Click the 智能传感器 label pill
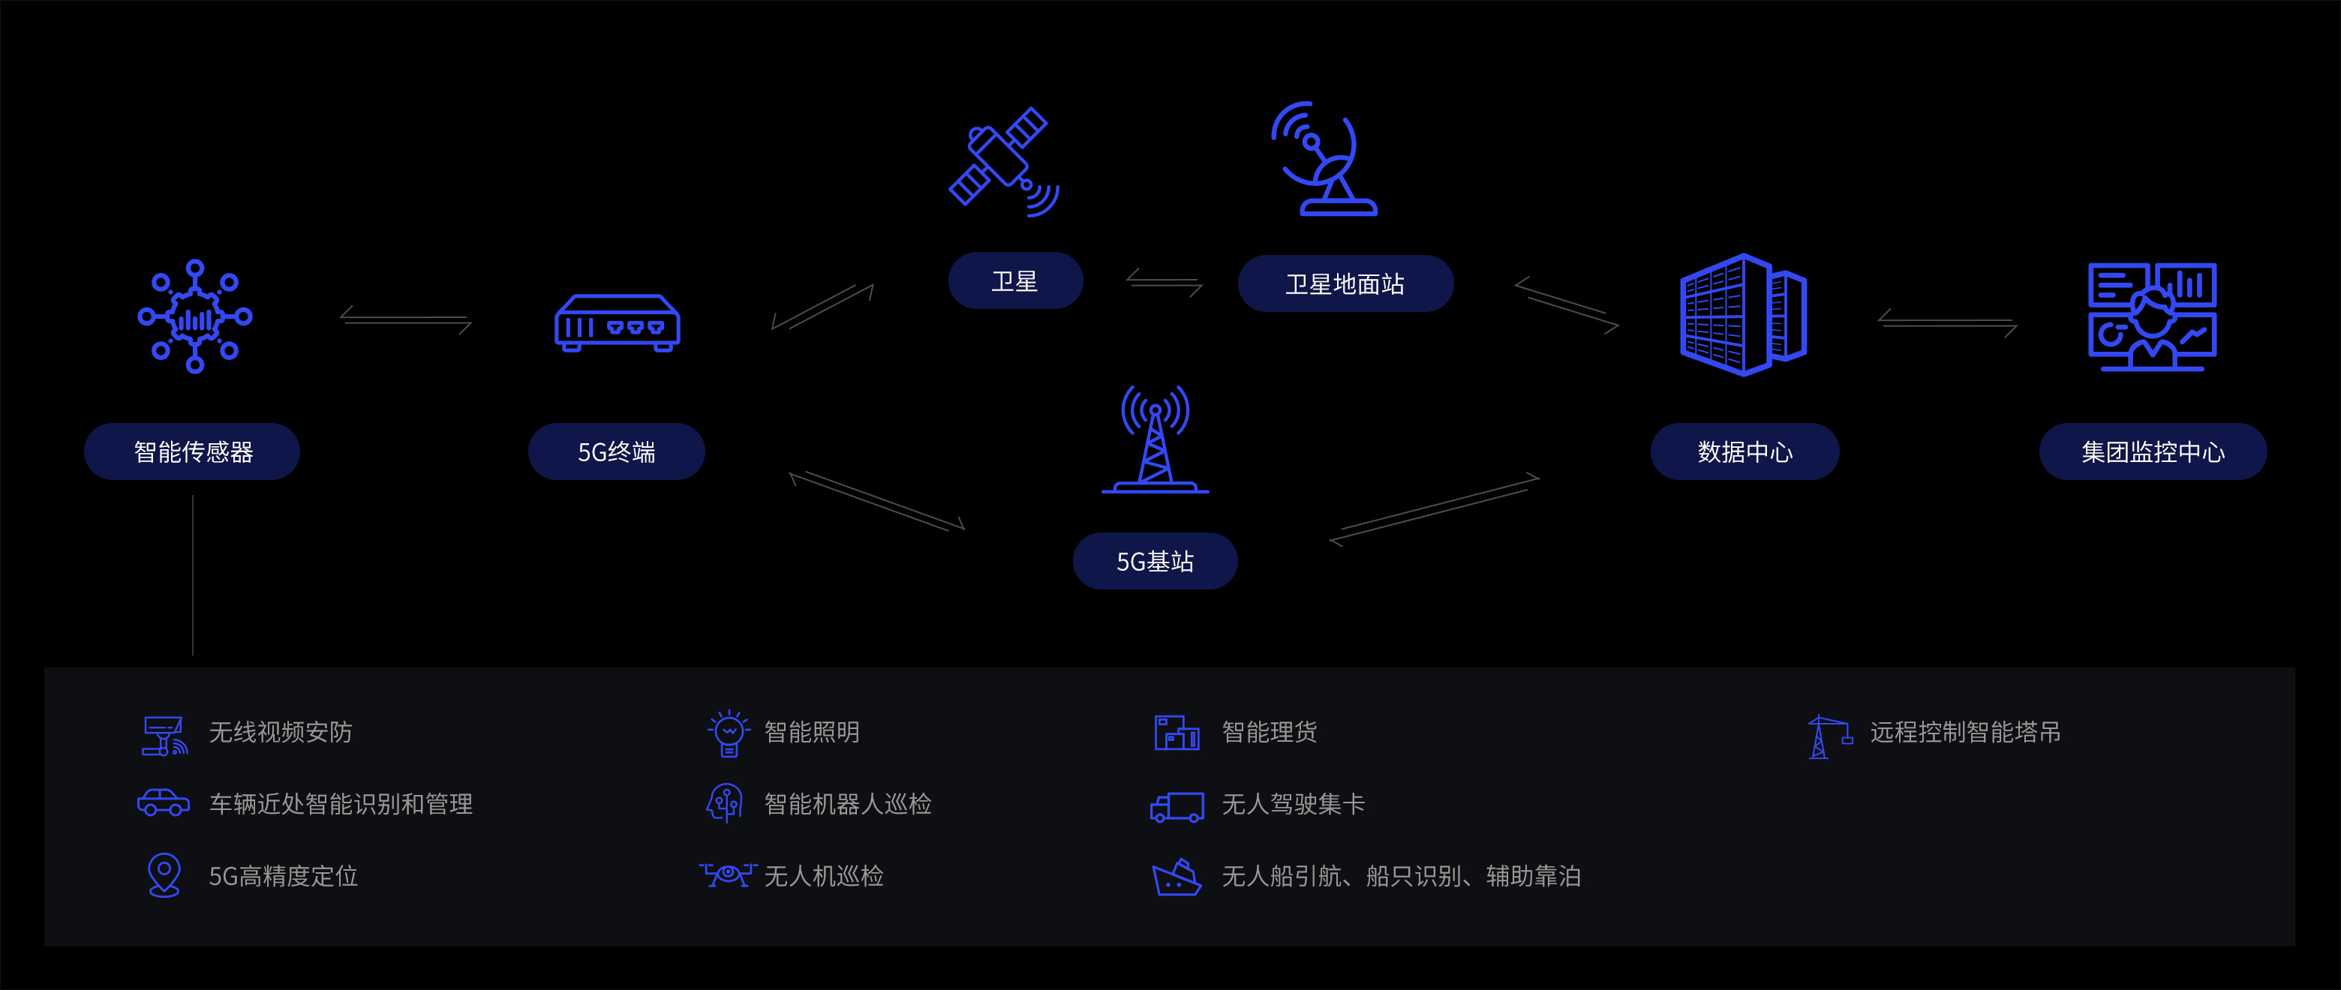[x=192, y=451]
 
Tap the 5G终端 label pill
[x=616, y=451]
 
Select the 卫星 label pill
[x=1015, y=280]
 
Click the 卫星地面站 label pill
[x=1345, y=283]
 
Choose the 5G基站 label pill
[x=1154, y=561]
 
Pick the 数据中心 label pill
[x=1744, y=451]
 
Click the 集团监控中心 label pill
[x=2152, y=451]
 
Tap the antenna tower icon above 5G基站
[x=1155, y=439]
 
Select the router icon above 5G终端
[x=617, y=323]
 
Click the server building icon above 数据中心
[x=1743, y=314]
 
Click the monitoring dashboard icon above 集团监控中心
[x=2152, y=316]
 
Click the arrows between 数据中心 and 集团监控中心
[x=1948, y=322]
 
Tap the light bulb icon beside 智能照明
[x=729, y=732]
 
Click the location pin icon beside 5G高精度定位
[x=164, y=874]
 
